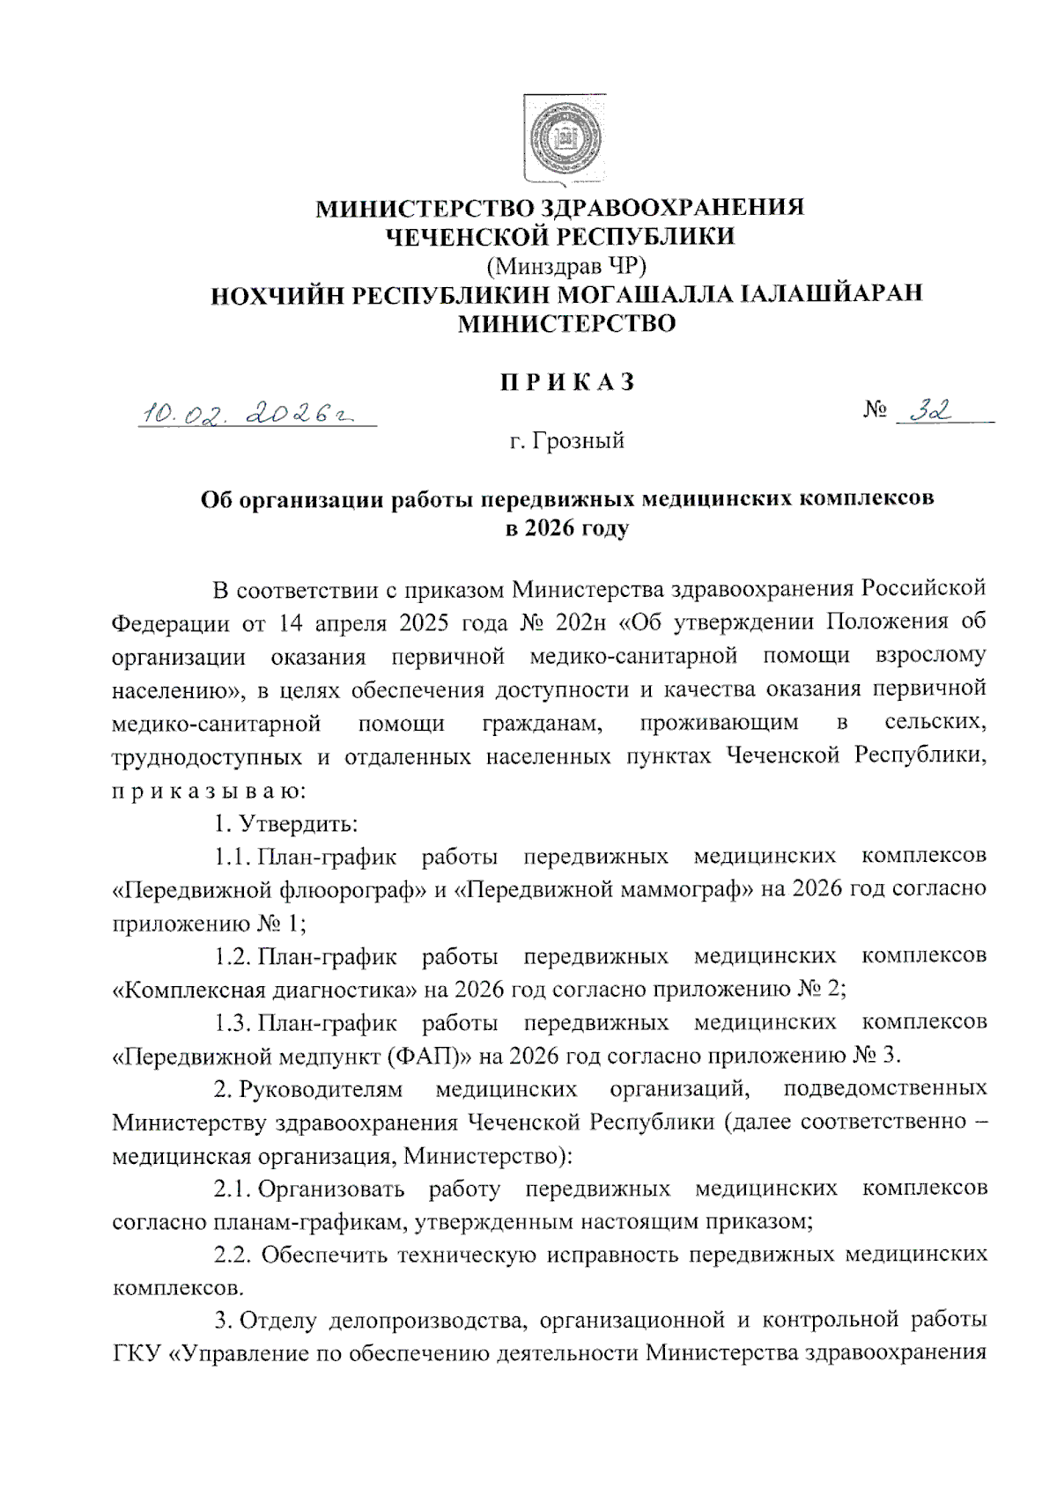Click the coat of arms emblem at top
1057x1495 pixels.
[565, 140]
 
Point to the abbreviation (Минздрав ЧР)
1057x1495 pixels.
[565, 264]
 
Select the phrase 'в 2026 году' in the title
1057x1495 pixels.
[566, 529]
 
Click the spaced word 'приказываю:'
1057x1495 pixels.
[209, 790]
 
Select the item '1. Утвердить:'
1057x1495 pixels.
[285, 823]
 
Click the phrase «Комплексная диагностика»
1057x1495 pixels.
[264, 989]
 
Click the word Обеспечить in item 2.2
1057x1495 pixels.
[323, 1255]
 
